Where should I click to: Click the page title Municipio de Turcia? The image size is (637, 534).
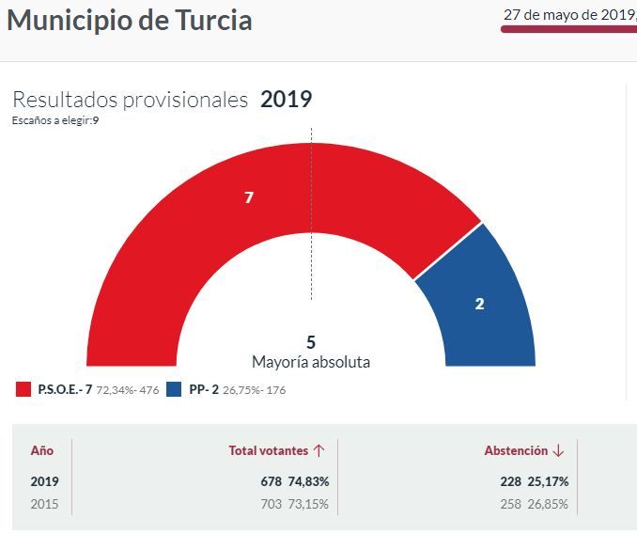(x=130, y=21)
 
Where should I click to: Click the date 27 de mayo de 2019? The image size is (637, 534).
(x=568, y=14)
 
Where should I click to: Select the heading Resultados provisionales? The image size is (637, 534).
(x=130, y=100)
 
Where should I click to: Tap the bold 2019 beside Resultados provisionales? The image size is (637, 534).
(x=286, y=100)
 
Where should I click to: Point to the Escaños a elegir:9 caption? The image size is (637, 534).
(x=55, y=120)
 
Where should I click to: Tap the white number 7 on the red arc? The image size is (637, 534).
(x=249, y=197)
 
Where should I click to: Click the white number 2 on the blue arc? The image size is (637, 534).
(x=479, y=304)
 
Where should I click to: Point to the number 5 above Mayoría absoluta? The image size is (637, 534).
(x=311, y=342)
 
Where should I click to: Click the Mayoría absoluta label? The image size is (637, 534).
(x=311, y=362)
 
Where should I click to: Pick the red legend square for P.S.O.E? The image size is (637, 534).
(x=23, y=389)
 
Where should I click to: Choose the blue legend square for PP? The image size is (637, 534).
(x=174, y=389)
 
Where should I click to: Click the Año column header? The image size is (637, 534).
(x=42, y=451)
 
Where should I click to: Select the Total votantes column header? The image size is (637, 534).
(x=269, y=451)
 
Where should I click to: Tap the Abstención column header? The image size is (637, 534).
(x=516, y=451)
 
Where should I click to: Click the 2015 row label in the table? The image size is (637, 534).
(x=44, y=504)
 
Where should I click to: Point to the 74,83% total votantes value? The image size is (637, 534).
(x=308, y=481)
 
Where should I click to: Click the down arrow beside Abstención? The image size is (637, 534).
(x=559, y=451)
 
